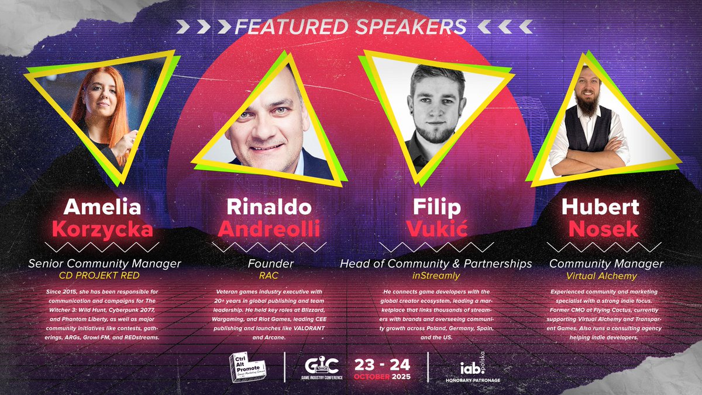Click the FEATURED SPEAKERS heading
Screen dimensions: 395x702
tap(350, 26)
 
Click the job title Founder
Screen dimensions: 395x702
tap(270, 264)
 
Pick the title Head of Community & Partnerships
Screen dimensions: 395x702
tap(436, 264)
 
